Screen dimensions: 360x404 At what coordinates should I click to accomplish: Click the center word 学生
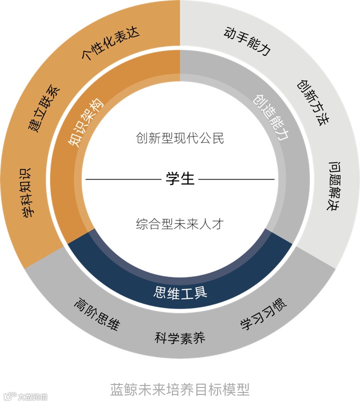(x=180, y=179)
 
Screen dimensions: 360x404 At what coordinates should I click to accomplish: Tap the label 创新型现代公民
(x=180, y=138)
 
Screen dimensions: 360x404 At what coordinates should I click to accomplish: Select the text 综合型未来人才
(x=180, y=223)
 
